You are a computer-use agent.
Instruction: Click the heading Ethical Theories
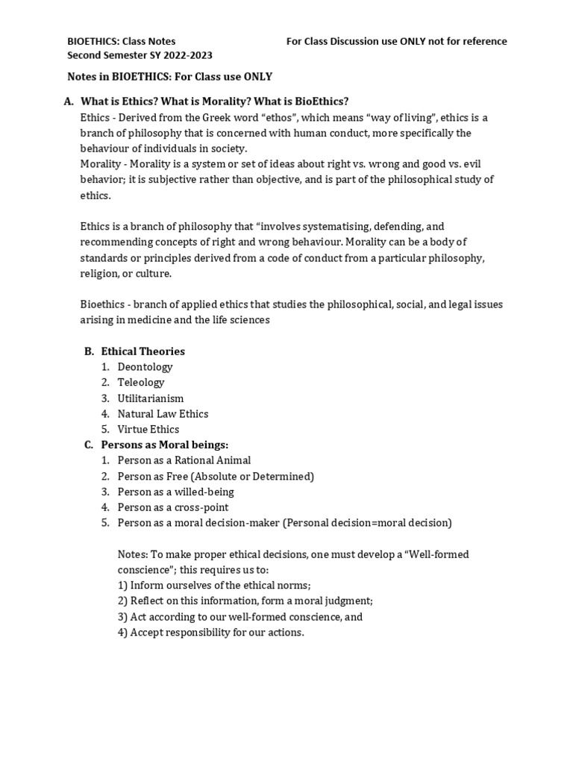tap(143, 351)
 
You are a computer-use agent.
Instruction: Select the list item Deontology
tap(145, 367)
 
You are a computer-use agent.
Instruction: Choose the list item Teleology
tap(141, 383)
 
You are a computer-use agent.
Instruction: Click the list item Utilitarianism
tap(150, 398)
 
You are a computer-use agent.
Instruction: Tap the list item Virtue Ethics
tap(148, 430)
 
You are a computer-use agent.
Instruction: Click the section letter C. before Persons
tap(88, 445)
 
